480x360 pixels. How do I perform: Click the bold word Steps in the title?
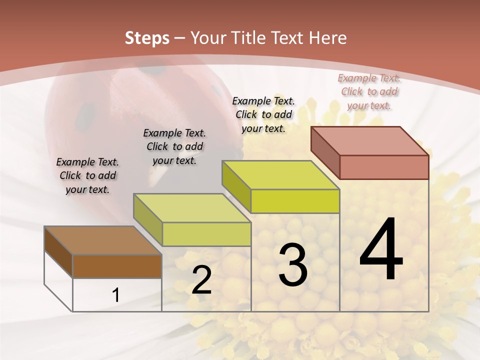147,38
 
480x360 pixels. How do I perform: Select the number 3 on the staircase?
292,265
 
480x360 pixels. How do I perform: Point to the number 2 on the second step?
201,280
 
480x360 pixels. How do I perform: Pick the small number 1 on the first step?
116,295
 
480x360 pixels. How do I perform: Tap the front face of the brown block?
117,266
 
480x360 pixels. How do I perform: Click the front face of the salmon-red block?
384,167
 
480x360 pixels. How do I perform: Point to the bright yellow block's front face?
295,201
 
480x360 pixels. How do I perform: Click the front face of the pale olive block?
206,234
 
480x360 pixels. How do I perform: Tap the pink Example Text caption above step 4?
369,91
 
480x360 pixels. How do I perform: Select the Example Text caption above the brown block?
87,175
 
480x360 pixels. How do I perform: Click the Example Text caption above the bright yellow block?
263,114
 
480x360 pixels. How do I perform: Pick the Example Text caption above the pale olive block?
174,146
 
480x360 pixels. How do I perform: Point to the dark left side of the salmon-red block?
325,152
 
